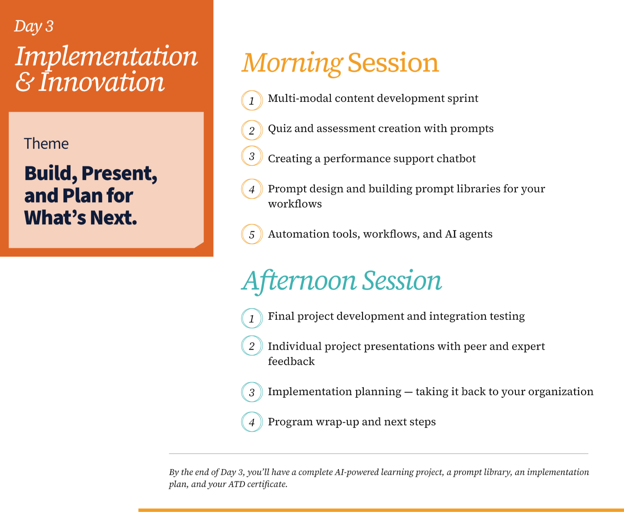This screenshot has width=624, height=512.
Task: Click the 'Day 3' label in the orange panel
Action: [x=34, y=26]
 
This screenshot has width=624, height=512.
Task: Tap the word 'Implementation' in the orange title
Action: [x=106, y=57]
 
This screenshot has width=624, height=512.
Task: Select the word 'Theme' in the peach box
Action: [x=46, y=144]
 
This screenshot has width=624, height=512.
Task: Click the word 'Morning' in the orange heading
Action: [x=292, y=64]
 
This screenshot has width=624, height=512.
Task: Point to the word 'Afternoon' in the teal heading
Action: [x=299, y=281]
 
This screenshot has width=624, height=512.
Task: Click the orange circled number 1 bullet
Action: [x=252, y=101]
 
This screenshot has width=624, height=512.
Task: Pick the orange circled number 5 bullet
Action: [x=252, y=234]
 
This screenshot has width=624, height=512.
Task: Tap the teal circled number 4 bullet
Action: [x=252, y=422]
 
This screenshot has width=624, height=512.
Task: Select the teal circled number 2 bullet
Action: [x=252, y=346]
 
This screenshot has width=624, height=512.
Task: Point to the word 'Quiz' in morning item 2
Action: [x=280, y=129]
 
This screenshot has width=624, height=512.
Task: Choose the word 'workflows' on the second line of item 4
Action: [x=295, y=204]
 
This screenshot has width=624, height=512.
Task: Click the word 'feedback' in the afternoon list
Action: [x=291, y=361]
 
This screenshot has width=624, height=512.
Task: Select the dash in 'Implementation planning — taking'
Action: [x=408, y=392]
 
